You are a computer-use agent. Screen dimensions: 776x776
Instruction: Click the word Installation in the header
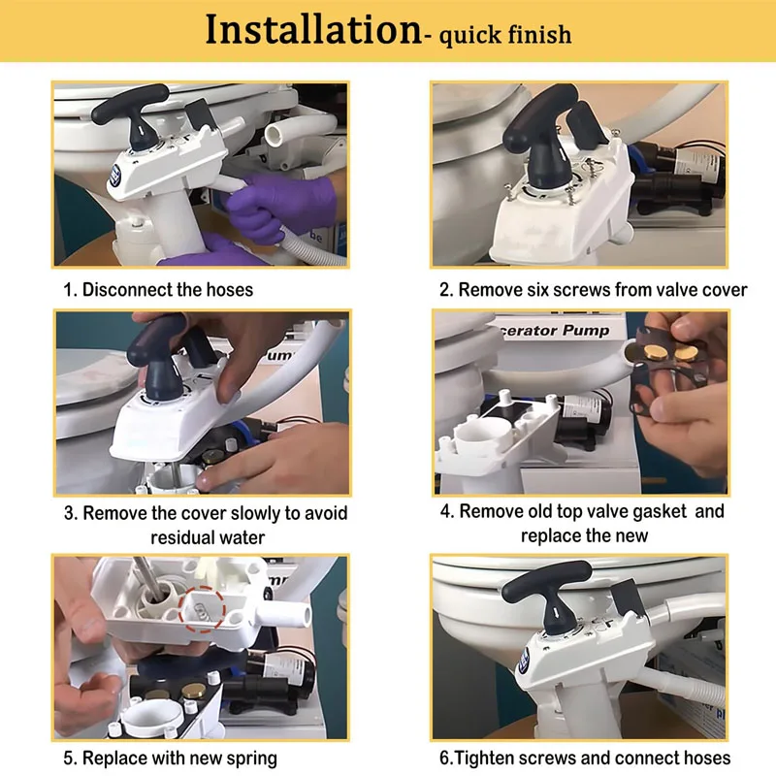click(312, 30)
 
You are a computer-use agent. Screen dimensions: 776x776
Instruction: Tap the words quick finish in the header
click(505, 35)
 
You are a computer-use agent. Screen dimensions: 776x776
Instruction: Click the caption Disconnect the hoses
click(167, 289)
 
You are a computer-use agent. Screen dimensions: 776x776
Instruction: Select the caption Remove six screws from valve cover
click(602, 289)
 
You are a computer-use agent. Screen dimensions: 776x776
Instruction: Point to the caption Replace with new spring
click(179, 758)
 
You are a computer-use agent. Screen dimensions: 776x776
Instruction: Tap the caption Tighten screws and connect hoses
click(592, 758)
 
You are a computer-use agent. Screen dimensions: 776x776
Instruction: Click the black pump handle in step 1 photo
click(132, 113)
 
